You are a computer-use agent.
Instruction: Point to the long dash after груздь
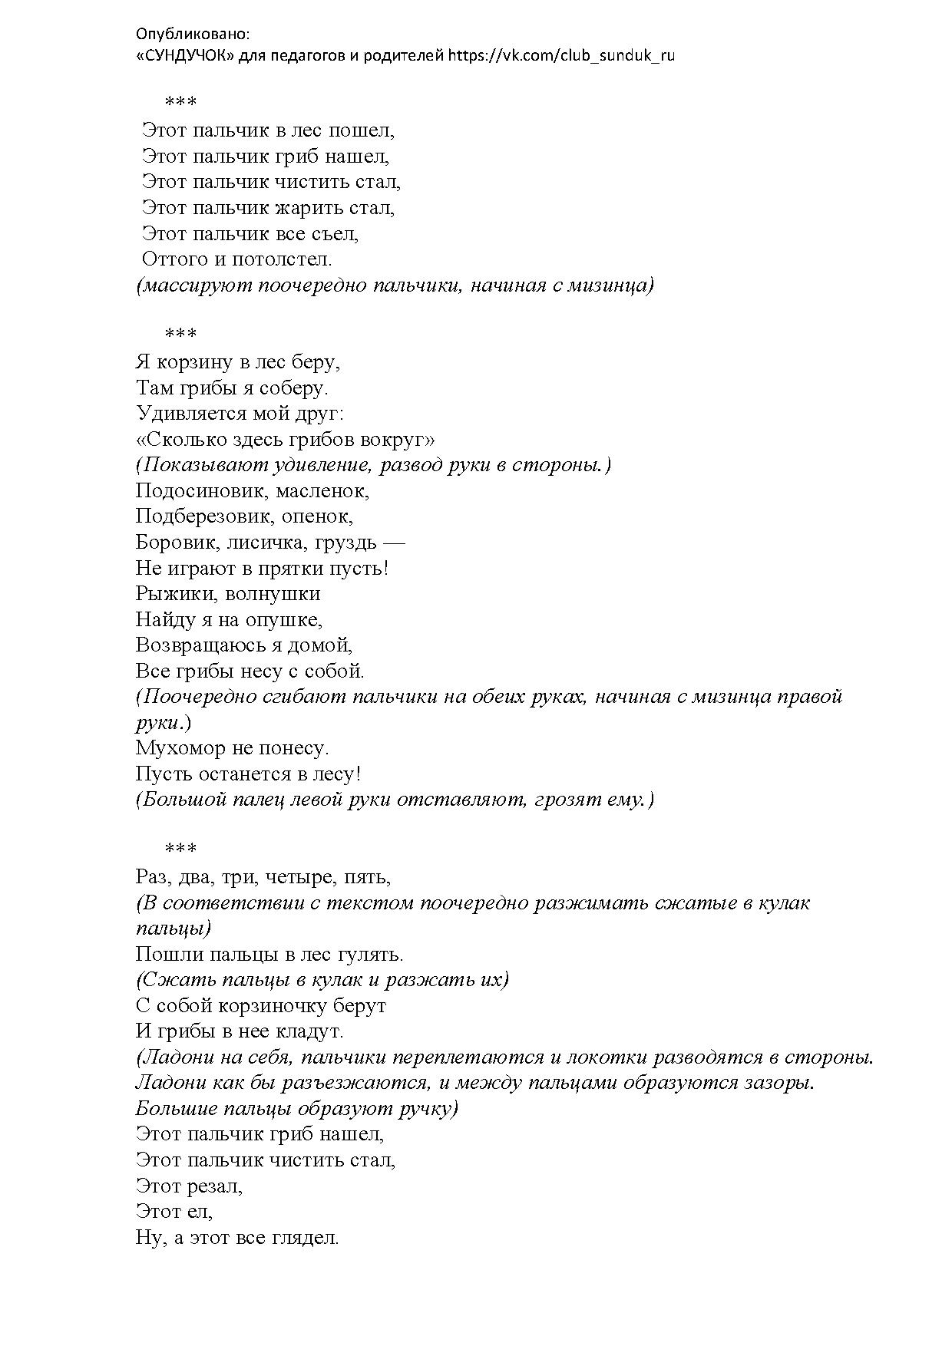[393, 543]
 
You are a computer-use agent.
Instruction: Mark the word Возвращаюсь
[197, 645]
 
